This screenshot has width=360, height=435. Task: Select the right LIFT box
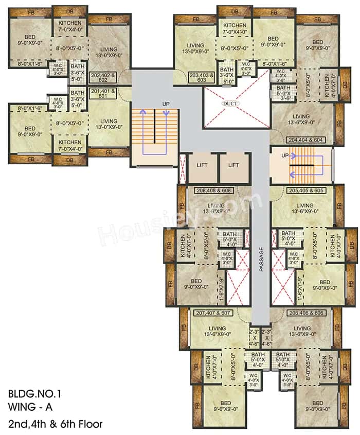[234, 165]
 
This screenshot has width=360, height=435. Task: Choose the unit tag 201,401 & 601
[103, 93]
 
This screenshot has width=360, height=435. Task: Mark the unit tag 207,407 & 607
[213, 312]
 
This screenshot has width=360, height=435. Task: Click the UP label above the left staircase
[166, 104]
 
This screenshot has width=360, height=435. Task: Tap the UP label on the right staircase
[285, 155]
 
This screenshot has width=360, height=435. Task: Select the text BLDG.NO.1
[34, 395]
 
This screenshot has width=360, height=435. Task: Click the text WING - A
[30, 409]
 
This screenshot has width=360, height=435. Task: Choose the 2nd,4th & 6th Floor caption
[55, 424]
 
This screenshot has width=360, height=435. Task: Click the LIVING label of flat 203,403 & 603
[195, 45]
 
